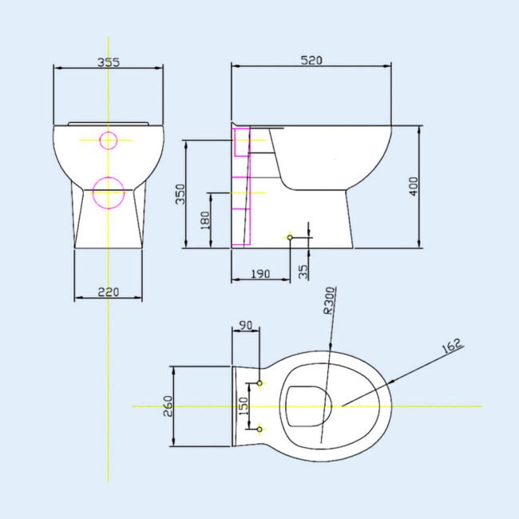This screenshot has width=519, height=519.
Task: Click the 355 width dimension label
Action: coord(109,62)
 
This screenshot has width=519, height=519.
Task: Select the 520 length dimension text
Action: coord(311,60)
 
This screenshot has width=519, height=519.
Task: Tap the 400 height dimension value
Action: coord(414,186)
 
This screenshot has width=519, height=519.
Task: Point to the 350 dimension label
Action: coord(180,194)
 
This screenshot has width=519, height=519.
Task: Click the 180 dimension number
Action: coord(205,220)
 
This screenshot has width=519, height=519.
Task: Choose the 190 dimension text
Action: coord(260,274)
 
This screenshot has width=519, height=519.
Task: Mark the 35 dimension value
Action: coord(303,271)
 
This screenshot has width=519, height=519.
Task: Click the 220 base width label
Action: coord(109,292)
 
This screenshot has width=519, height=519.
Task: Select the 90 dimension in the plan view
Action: coord(246,325)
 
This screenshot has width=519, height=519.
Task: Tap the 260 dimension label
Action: coord(168,406)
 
